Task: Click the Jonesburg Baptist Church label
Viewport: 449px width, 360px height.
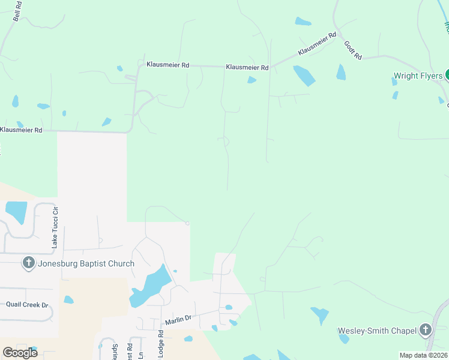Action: [86, 263]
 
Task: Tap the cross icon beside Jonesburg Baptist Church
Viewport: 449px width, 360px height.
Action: [28, 263]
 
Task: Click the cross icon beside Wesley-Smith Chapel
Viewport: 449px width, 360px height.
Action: [426, 329]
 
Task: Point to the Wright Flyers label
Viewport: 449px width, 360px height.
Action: [418, 76]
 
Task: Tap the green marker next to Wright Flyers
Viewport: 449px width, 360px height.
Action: [447, 76]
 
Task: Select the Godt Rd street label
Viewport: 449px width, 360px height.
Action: [353, 50]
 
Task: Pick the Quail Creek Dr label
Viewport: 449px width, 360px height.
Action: [27, 304]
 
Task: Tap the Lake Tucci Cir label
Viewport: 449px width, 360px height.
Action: [55, 227]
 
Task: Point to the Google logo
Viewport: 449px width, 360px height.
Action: [20, 352]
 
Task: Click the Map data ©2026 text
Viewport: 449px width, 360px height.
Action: [423, 355]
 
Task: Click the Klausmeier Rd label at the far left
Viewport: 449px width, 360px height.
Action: [21, 130]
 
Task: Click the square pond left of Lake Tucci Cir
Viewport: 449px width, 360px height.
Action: [16, 211]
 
